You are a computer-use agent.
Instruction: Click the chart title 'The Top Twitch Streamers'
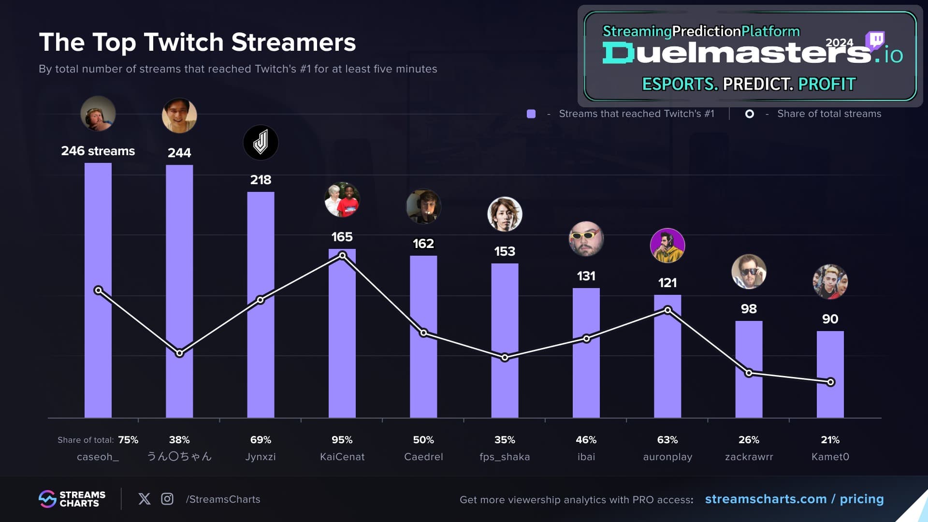[x=197, y=43]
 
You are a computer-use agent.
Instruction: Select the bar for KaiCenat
[x=342, y=333]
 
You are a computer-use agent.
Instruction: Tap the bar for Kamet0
[x=830, y=375]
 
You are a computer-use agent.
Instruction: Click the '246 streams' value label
[x=98, y=151]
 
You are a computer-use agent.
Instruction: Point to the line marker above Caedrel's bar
[x=423, y=333]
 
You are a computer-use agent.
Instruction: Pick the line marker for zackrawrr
[x=749, y=373]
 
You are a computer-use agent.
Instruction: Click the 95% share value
[x=342, y=440]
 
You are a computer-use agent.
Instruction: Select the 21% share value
[x=830, y=440]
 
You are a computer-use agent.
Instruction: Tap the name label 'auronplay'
[x=667, y=457]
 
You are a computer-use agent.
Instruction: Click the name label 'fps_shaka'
[x=505, y=457]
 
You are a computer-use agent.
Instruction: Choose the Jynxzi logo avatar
[x=261, y=143]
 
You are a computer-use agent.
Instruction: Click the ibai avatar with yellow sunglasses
[x=586, y=239]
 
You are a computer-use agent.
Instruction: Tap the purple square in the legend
[x=531, y=114]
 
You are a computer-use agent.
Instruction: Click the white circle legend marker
[x=750, y=114]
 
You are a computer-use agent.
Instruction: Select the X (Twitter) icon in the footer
[x=145, y=499]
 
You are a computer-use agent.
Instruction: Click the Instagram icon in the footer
[x=167, y=499]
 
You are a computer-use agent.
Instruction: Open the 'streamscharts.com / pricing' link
[x=794, y=499]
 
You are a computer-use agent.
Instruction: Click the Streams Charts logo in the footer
[x=72, y=499]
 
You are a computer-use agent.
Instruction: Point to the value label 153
[x=505, y=251]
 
